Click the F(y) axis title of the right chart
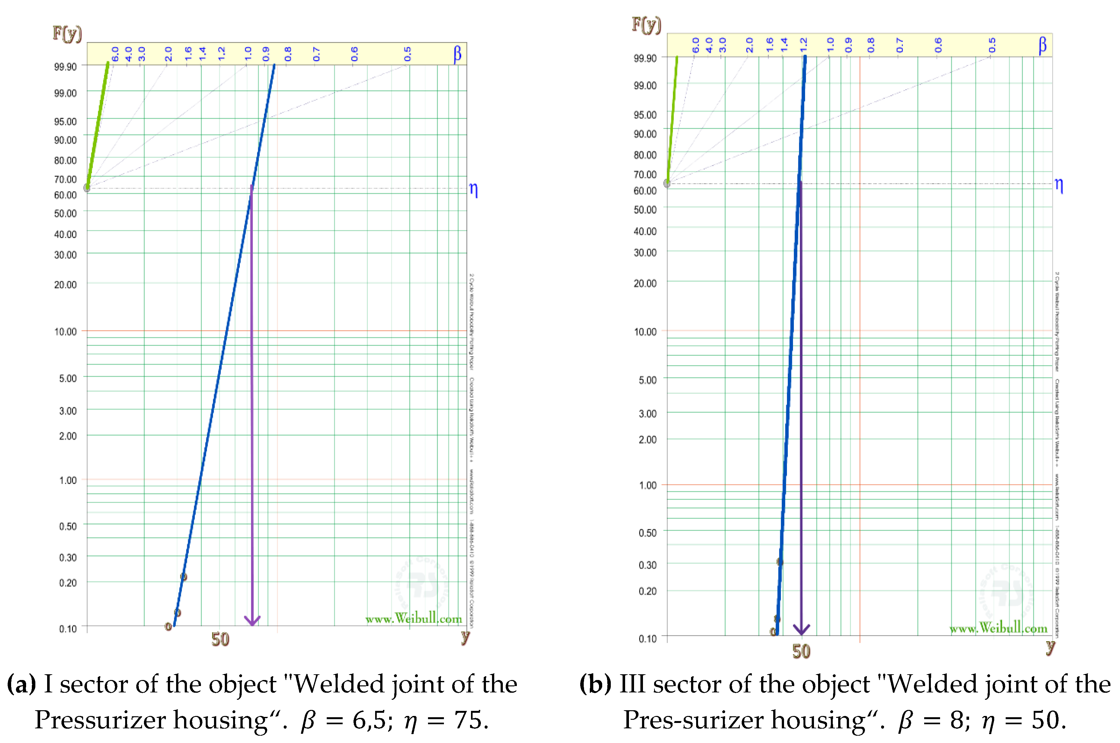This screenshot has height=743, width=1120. [x=646, y=24]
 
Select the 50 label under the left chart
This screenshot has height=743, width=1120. [x=220, y=639]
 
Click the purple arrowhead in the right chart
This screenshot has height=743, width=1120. [x=801, y=630]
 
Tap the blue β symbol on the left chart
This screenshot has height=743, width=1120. [x=457, y=54]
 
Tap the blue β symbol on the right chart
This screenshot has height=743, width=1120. [x=1042, y=46]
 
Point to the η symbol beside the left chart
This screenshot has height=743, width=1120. [x=473, y=190]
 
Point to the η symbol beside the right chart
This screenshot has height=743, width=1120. [x=1059, y=185]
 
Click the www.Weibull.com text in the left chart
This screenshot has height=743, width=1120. [x=413, y=618]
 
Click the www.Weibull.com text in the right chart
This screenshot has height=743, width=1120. [x=998, y=628]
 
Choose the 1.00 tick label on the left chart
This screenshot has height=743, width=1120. [x=67, y=480]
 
